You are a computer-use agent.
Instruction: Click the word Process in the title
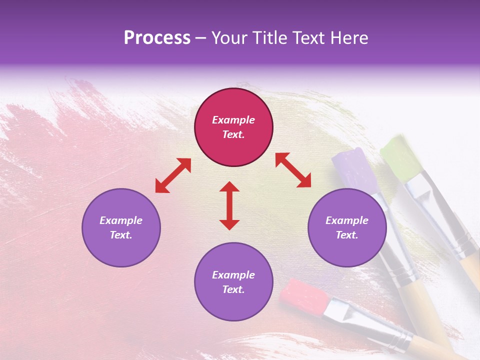(157, 38)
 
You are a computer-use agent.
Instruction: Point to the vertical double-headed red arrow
(229, 205)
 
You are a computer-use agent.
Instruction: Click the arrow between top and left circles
(173, 175)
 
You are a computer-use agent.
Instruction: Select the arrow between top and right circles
(293, 170)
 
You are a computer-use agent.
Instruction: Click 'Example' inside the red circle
(233, 120)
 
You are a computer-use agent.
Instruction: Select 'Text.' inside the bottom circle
(233, 289)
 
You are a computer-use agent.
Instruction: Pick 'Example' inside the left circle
(121, 220)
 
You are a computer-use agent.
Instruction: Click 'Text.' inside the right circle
(347, 235)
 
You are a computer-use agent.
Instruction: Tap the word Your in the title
(230, 38)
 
